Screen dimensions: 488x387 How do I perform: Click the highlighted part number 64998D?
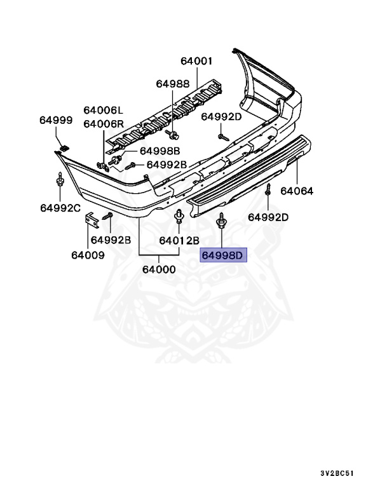click(222, 256)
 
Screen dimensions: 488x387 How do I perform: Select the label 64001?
click(196, 62)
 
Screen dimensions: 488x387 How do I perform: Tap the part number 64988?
click(173, 84)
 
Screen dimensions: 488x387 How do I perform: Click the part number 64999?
click(56, 120)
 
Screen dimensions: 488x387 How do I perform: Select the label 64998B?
click(160, 151)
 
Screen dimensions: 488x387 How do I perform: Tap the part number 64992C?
click(60, 208)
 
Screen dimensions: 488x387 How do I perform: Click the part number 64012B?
click(179, 240)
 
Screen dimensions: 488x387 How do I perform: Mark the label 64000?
click(159, 269)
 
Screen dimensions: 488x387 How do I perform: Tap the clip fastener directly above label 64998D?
click(221, 221)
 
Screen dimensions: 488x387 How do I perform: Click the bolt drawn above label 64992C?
click(60, 183)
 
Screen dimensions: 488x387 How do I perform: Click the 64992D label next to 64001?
click(222, 116)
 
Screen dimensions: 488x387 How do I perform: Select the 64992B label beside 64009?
click(111, 240)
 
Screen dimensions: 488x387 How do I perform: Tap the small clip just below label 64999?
click(64, 147)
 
